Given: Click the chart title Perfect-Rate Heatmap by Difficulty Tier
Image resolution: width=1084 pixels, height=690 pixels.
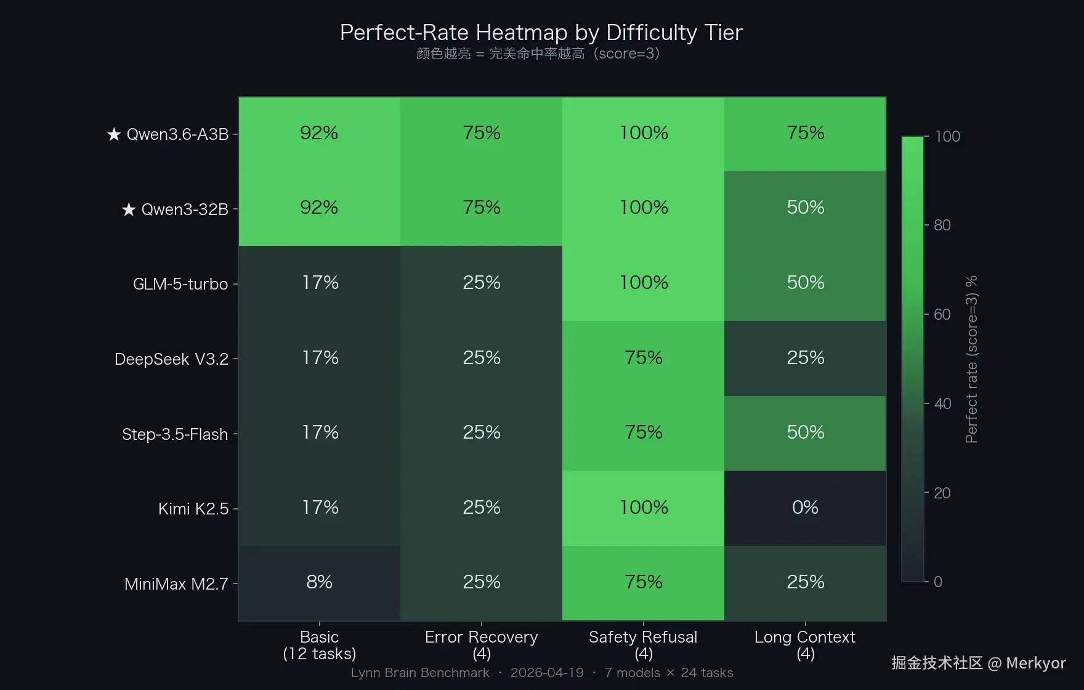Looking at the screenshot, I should coord(541,33).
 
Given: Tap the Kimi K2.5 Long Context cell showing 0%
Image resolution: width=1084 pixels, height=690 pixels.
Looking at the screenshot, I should coord(805,508).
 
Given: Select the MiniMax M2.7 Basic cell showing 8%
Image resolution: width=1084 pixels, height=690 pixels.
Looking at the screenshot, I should coord(319,582).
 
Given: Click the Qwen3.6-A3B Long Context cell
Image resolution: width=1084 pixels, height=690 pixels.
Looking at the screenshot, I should coord(805,133).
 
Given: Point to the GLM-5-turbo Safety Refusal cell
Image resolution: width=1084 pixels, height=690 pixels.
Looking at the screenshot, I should coord(643,283).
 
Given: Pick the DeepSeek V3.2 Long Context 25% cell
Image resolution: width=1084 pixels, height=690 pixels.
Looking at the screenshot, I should coord(805,358).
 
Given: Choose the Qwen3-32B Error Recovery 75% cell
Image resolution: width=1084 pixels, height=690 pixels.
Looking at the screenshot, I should coord(481,208).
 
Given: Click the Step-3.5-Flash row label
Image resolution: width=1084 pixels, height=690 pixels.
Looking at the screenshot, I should coord(175,434).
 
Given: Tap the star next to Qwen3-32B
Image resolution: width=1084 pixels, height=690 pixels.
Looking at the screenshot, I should coord(129,210).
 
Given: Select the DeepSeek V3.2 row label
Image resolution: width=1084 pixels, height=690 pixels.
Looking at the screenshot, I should coord(171,359).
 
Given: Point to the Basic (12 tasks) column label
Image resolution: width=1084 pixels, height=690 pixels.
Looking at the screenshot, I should coord(319,644).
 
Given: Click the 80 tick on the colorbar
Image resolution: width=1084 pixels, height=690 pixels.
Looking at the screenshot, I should coord(942,225).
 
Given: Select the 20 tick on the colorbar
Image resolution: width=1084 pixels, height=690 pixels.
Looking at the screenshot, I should coord(942,493).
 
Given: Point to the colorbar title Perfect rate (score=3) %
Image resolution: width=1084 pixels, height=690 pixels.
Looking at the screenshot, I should coord(971,359).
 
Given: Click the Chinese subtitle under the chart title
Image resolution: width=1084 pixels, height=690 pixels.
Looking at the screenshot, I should coord(538,54).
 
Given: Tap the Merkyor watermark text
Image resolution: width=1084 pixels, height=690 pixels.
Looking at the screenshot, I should coord(1036,663).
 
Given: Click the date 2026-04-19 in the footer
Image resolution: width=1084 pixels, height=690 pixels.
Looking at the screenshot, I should coord(547,673).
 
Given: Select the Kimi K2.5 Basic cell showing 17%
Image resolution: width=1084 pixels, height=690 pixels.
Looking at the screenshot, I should coord(319,508).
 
